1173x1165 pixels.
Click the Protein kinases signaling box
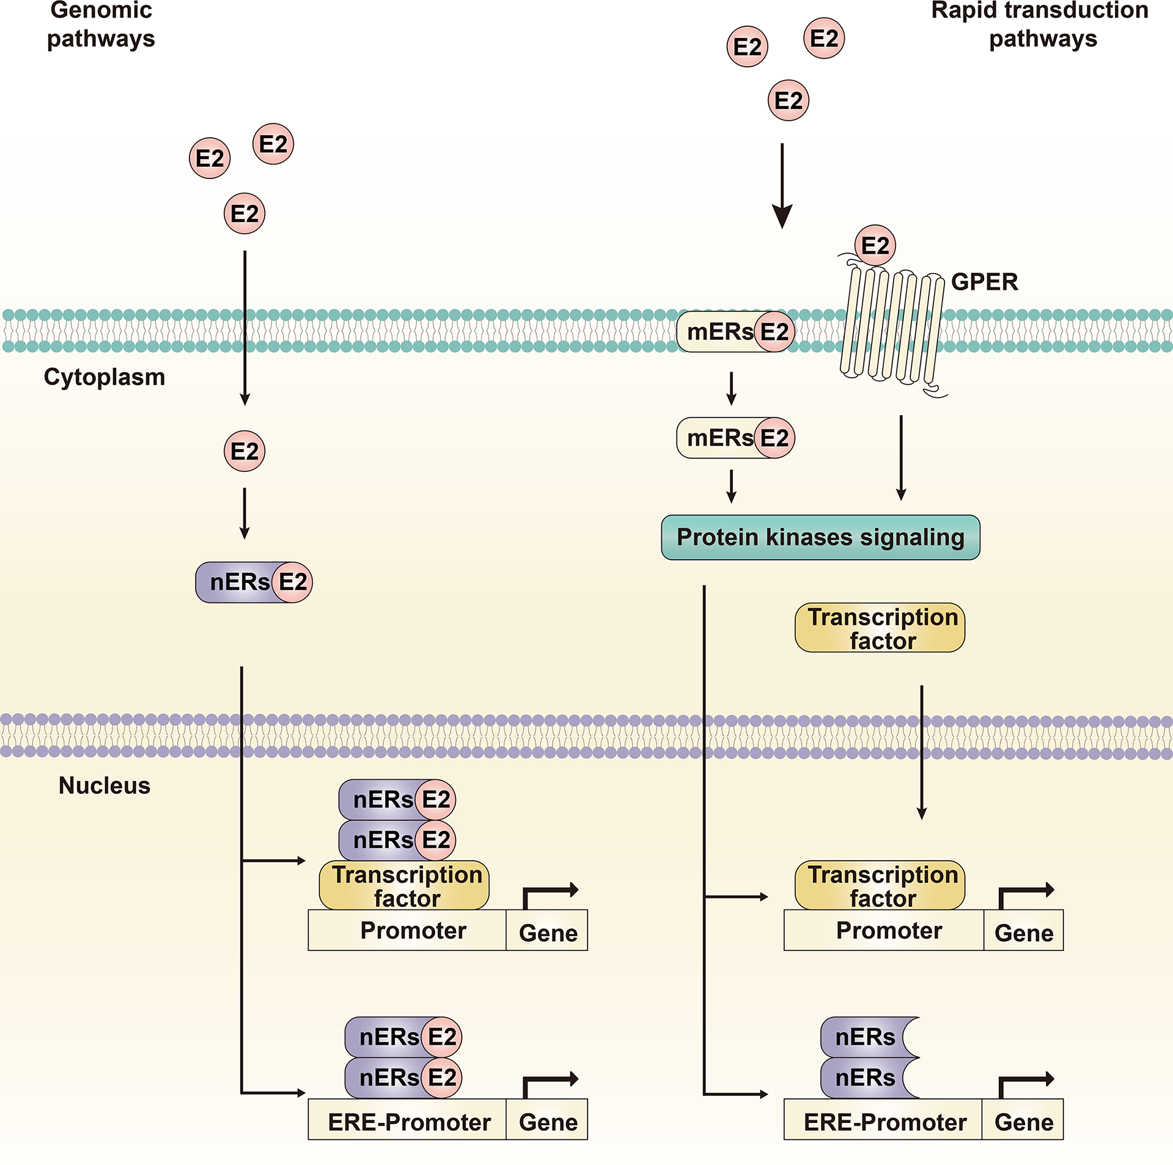tap(820, 537)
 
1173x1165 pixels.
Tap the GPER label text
tap(984, 282)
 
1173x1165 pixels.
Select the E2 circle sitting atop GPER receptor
tap(875, 245)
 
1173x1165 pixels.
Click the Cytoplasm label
tap(105, 377)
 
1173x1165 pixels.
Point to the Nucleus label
tap(105, 785)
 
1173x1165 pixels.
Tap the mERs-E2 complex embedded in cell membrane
tap(735, 332)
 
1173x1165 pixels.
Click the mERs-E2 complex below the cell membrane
tap(735, 438)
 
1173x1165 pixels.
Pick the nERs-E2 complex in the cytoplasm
tap(253, 582)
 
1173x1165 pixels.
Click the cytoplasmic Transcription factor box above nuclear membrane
tap(879, 628)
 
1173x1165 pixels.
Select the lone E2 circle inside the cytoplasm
tap(245, 451)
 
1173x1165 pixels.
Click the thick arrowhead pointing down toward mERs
tap(782, 216)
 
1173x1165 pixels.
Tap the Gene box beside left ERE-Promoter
tap(547, 1122)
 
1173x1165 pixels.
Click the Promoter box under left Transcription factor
tap(407, 930)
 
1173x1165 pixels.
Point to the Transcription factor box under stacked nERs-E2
tap(404, 885)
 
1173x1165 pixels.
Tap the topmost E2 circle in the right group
tap(823, 38)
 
